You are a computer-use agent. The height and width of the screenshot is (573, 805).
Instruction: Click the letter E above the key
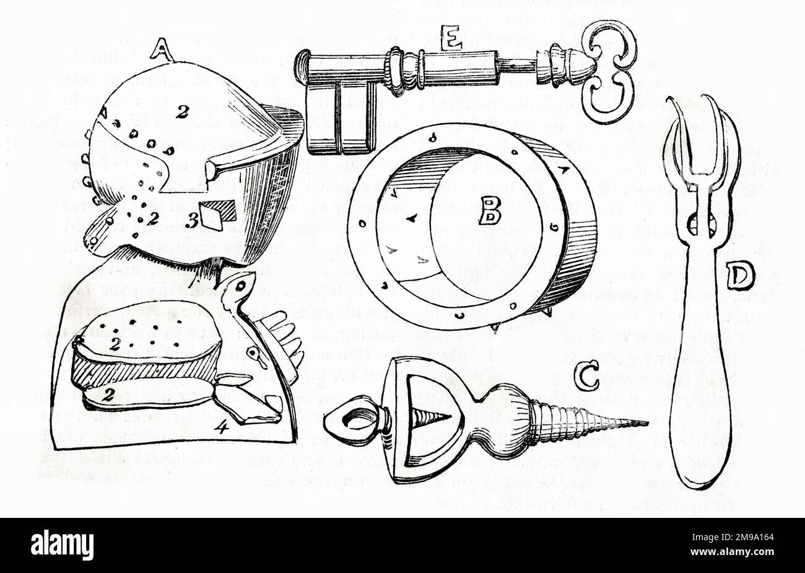click(451, 41)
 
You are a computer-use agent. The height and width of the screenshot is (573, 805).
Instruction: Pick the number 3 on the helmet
click(193, 219)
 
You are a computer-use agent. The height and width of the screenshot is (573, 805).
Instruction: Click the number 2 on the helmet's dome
click(181, 112)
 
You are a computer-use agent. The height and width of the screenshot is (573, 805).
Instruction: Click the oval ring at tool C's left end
click(351, 421)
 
